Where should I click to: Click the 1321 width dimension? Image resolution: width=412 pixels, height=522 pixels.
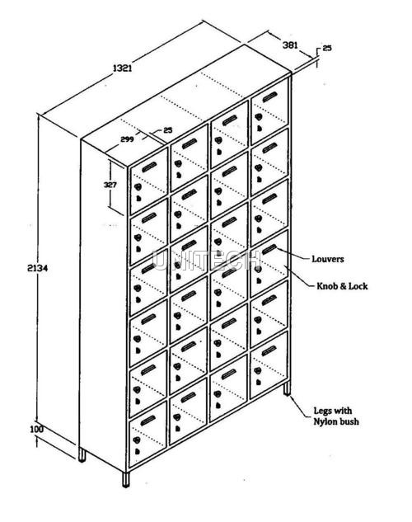tap(123, 68)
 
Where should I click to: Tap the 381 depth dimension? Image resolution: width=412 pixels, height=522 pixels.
tap(290, 45)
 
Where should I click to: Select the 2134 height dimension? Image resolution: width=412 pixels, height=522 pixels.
tap(38, 268)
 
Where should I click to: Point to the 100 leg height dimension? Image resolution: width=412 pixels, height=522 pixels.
tap(36, 429)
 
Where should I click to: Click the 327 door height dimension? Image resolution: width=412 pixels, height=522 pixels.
tap(110, 185)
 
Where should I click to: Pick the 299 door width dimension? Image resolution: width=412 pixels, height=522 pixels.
tap(127, 139)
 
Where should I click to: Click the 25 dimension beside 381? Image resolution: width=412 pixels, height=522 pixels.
tap(327, 48)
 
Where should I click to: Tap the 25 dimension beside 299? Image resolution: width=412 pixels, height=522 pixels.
tap(168, 129)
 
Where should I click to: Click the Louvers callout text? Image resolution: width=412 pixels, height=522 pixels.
tap(328, 259)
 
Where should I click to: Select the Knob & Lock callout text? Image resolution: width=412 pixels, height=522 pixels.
tap(342, 286)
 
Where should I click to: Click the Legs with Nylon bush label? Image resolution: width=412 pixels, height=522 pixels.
tap(336, 416)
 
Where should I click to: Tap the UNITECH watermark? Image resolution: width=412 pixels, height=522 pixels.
tap(207, 261)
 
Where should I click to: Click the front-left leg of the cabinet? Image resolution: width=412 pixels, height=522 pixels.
tap(126, 479)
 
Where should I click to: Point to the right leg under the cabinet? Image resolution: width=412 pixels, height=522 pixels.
tap(287, 388)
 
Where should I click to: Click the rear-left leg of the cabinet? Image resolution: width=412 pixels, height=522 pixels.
tap(82, 454)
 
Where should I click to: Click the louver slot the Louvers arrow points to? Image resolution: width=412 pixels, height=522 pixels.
tap(269, 249)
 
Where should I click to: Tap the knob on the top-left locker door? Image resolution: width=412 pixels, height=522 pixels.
tap(138, 186)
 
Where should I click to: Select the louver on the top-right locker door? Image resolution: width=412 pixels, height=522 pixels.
tap(269, 96)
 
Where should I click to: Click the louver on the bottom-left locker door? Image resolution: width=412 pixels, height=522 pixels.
tap(148, 421)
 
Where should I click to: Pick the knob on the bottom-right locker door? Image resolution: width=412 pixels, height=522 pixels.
tap(257, 370)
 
